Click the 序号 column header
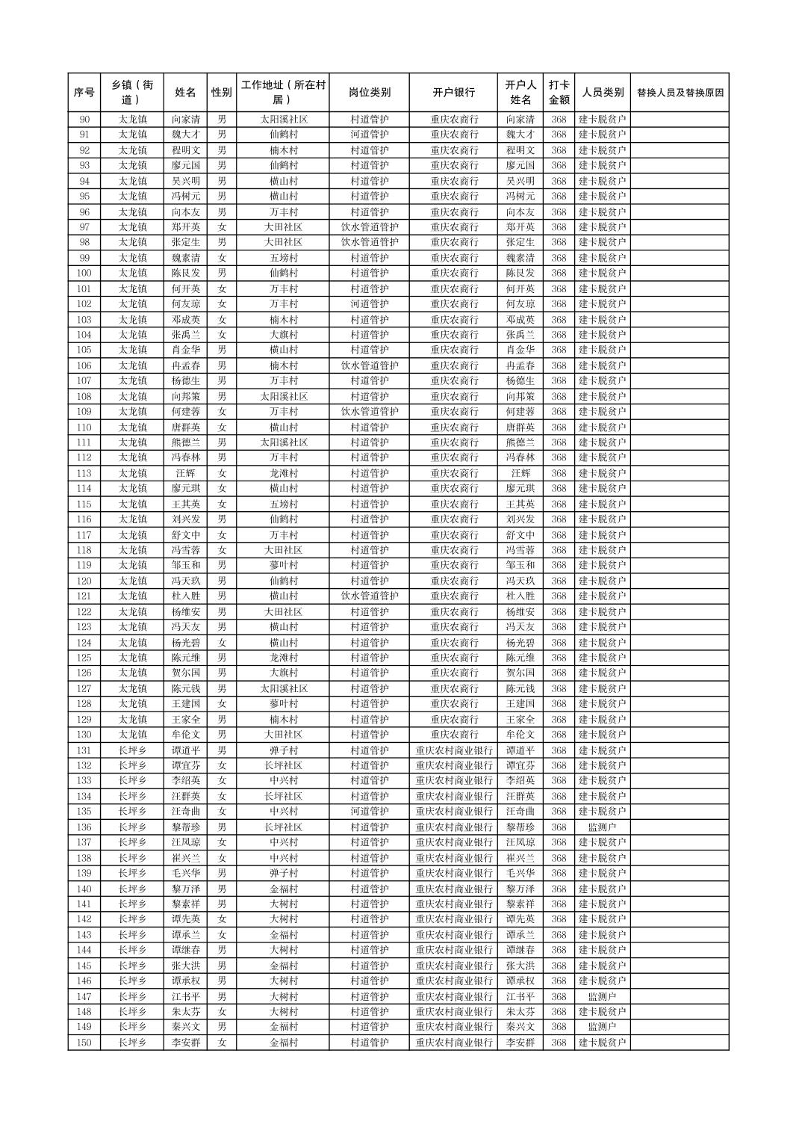[84, 93]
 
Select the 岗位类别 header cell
[369, 93]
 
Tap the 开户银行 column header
[453, 93]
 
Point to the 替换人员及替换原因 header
[680, 93]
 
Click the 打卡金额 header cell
[559, 93]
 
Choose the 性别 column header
[222, 93]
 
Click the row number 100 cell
[84, 274]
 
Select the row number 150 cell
[84, 1043]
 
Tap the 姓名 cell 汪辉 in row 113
[186, 473]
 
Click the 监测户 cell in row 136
[602, 827]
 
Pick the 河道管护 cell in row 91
[369, 135]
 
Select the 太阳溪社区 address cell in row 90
[283, 120]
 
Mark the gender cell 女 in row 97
[222, 227]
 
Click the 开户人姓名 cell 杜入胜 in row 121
[520, 596]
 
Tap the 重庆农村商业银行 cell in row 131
[453, 750]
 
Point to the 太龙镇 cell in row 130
[132, 735]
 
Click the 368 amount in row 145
[559, 966]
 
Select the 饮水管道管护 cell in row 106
[369, 365]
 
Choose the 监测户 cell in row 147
[602, 996]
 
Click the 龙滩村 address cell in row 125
[283, 658]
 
